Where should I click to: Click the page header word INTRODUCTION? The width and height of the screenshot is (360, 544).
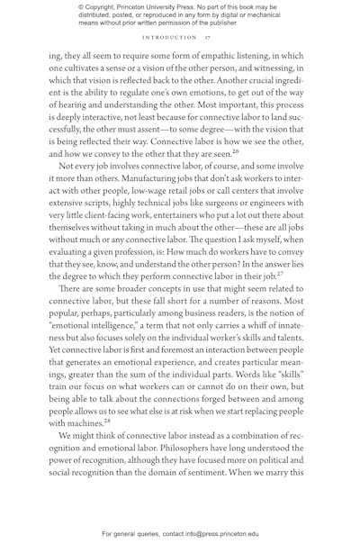[x=168, y=38]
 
